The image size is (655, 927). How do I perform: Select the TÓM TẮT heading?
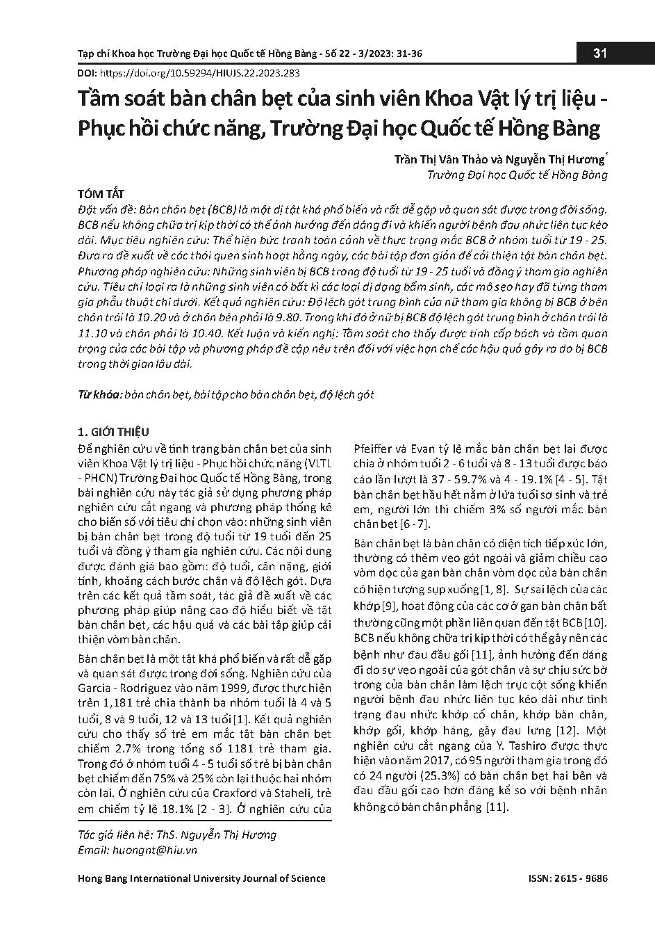click(x=101, y=193)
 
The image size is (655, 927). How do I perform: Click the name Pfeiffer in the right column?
click(x=374, y=449)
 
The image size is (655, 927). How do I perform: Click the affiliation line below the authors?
click(x=517, y=175)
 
